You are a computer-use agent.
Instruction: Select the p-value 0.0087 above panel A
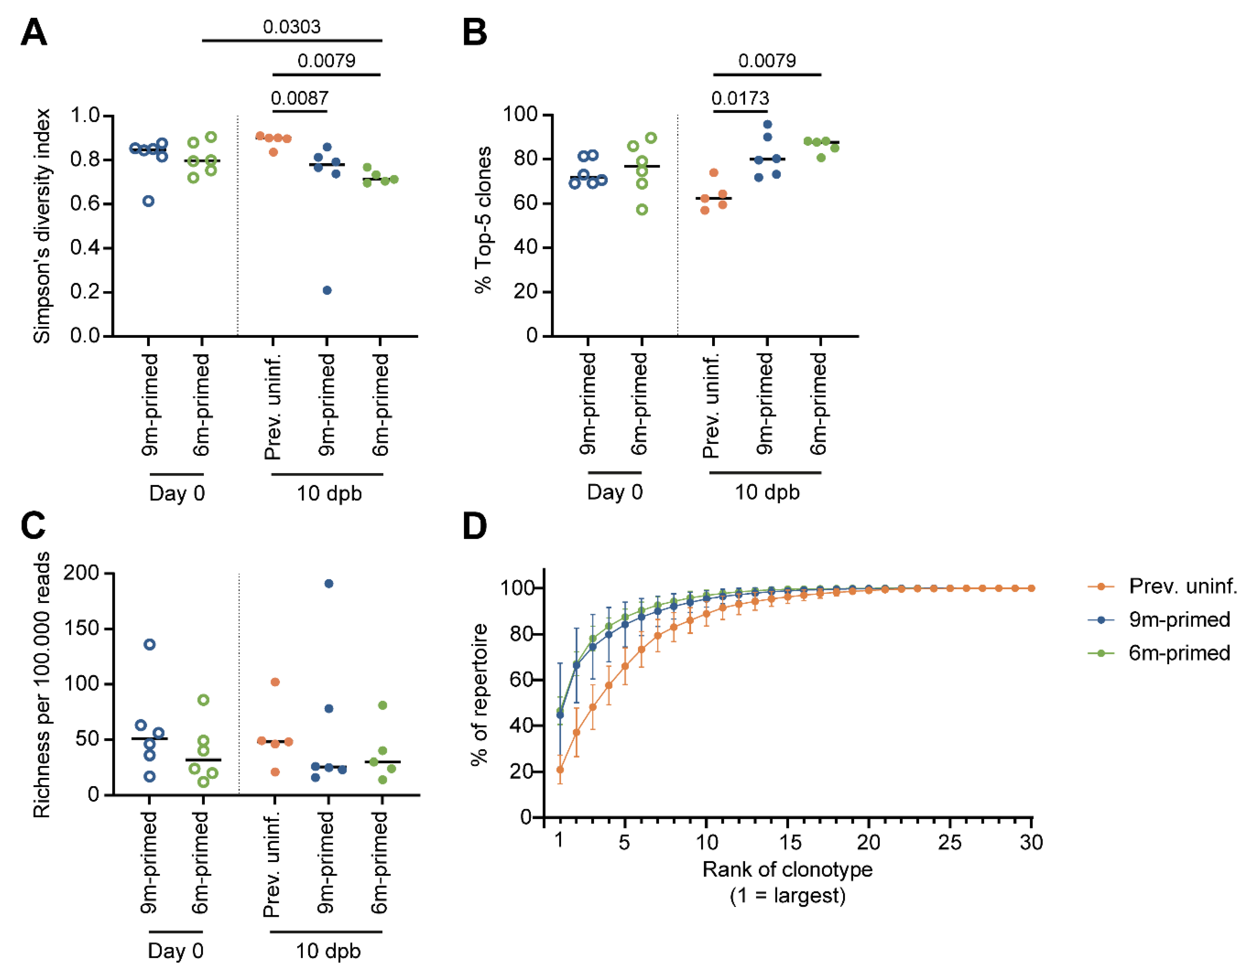click(300, 98)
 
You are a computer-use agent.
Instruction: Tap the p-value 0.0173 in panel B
click(740, 98)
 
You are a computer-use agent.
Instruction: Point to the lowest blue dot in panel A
click(327, 290)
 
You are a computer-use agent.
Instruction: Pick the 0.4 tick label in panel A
click(85, 248)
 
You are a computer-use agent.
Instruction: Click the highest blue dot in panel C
click(329, 583)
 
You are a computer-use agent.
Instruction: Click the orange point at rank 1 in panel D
click(560, 770)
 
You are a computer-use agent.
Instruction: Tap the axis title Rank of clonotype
click(787, 869)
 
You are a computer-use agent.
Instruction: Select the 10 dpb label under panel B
click(767, 492)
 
